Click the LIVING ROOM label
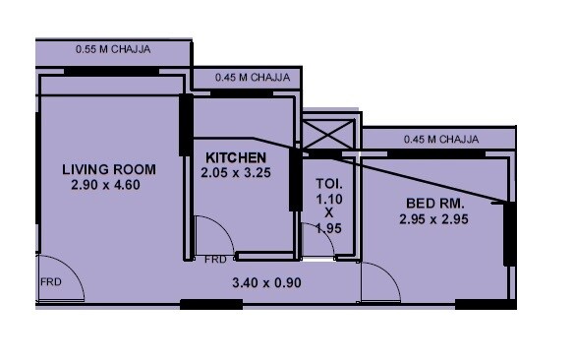108,169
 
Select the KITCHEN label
236,157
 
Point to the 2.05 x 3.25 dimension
236,173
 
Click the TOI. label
327,183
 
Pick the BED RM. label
433,204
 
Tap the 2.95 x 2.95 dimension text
433,219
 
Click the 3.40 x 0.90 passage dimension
265,283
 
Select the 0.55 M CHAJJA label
112,46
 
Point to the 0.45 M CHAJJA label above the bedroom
441,139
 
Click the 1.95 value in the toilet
327,228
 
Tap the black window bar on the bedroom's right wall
509,233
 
